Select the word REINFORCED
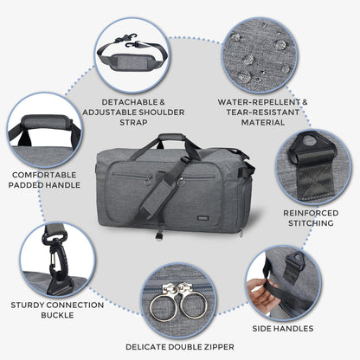point(311,213)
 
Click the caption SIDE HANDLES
point(283,328)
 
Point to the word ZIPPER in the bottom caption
point(216,347)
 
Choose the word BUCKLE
point(57,315)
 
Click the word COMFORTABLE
point(44,175)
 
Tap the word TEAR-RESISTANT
point(263,112)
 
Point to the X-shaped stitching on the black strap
point(312,177)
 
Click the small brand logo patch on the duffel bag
point(202,218)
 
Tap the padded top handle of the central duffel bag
point(171,137)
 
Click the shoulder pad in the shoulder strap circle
point(132,61)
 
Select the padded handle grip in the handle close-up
point(47,122)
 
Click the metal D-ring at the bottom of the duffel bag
point(159,235)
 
